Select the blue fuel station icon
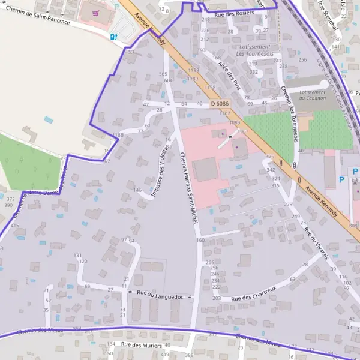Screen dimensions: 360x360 coord(113,36)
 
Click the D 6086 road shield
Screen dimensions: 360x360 coord(220,104)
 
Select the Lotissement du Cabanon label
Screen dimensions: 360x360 coord(312,95)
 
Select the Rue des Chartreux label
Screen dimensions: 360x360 coord(253,294)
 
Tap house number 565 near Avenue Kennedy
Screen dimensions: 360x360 coord(163,74)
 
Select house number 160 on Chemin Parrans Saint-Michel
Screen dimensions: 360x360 coord(200,240)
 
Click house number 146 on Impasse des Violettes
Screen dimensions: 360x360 coord(138,190)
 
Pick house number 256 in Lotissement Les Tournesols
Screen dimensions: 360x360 coord(302,60)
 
